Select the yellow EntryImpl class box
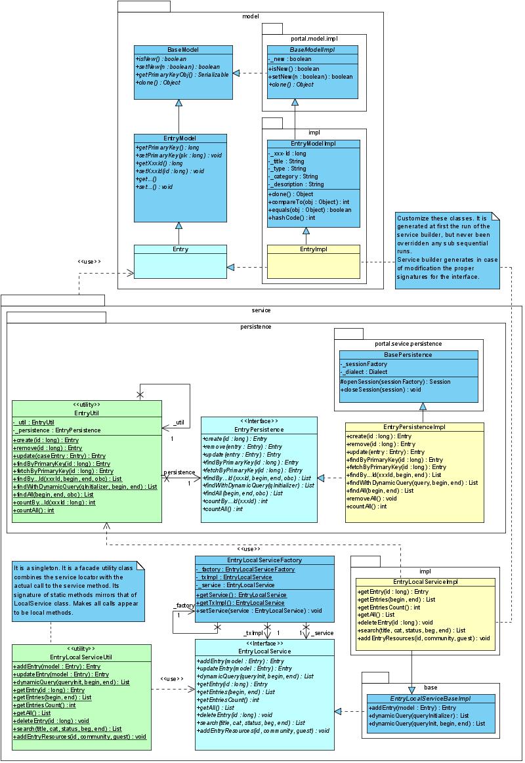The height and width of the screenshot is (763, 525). (x=313, y=260)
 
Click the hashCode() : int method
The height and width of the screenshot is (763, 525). (x=293, y=218)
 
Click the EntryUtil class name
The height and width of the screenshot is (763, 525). (x=87, y=413)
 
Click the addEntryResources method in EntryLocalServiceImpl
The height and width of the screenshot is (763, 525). (x=425, y=638)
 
